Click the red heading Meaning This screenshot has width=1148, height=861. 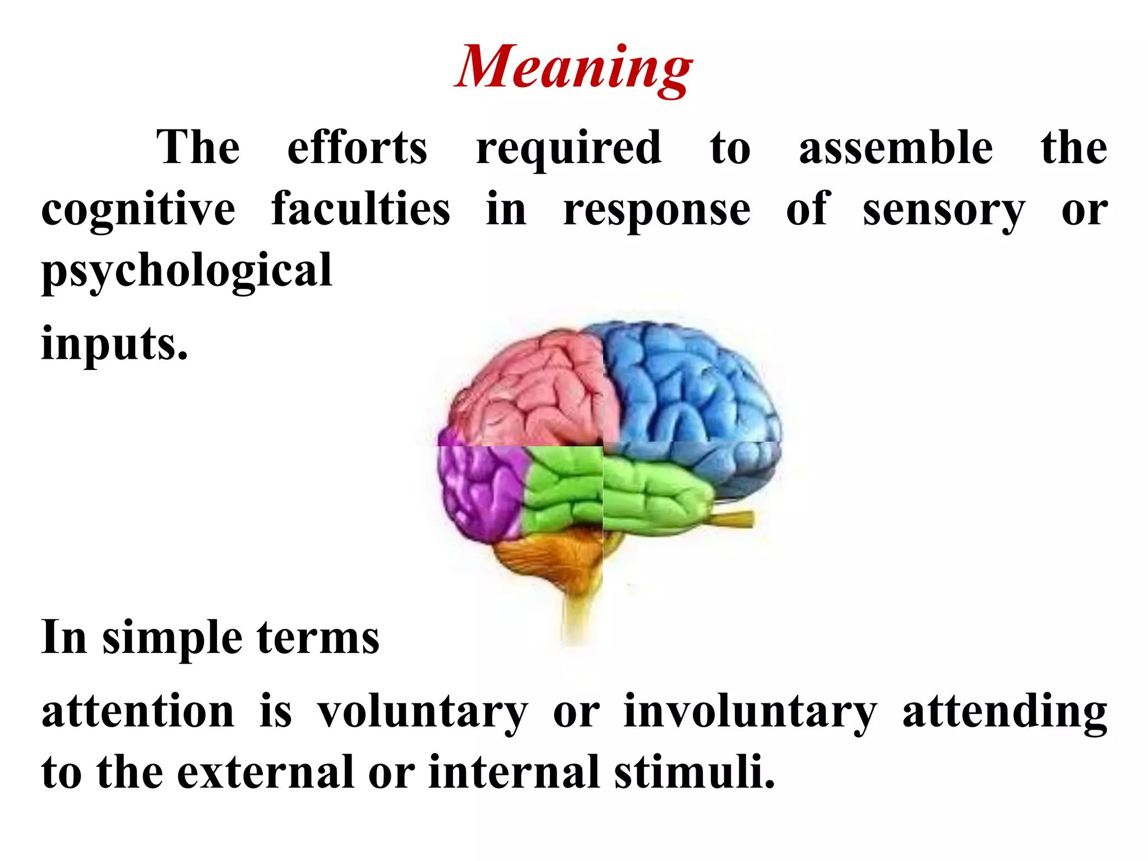[573, 67]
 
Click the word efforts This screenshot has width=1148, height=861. [357, 147]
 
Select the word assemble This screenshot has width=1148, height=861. [895, 147]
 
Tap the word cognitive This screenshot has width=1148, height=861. [138, 210]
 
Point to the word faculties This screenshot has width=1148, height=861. [360, 209]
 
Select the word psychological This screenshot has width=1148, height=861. [187, 271]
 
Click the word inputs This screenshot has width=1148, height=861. [114, 344]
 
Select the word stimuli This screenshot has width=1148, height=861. [695, 772]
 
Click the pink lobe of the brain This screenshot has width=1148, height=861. [533, 387]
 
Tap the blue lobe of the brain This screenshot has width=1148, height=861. [689, 387]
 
